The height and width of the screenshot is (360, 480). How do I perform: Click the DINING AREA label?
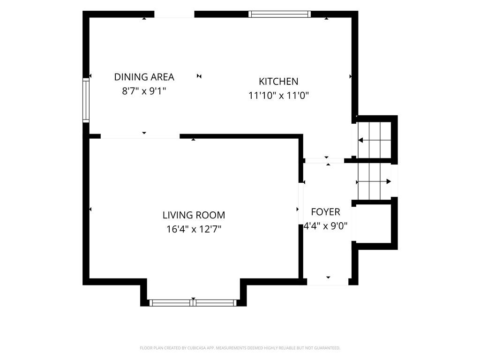pyautogui.click(x=144, y=77)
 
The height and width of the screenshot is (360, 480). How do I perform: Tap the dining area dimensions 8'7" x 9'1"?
pyautogui.click(x=144, y=91)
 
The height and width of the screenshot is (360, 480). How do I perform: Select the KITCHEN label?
pyautogui.click(x=278, y=82)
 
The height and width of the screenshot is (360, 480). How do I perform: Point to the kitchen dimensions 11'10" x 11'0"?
pyautogui.click(x=278, y=96)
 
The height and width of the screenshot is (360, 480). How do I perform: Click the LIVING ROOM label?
pyautogui.click(x=194, y=215)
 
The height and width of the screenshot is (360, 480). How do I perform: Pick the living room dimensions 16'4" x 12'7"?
pyautogui.click(x=194, y=229)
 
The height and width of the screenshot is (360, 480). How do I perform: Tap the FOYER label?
pyautogui.click(x=325, y=212)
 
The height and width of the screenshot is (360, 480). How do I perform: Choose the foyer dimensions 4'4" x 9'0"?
pyautogui.click(x=325, y=226)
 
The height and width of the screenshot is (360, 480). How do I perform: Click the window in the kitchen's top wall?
pyautogui.click(x=279, y=14)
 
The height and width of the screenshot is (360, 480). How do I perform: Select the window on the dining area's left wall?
pyautogui.click(x=86, y=100)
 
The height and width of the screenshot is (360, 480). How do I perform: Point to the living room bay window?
pyautogui.click(x=193, y=303)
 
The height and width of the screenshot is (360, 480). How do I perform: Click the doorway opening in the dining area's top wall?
pyautogui.click(x=174, y=15)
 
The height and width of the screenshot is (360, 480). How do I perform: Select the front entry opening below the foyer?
pyautogui.click(x=328, y=282)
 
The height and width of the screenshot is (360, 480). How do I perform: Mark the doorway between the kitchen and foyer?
pyautogui.click(x=325, y=160)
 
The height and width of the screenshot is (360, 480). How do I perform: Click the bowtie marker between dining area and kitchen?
pyautogui.click(x=199, y=76)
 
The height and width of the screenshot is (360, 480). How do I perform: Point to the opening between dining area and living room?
pyautogui.click(x=140, y=136)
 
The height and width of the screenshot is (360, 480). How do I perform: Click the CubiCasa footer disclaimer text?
pyautogui.click(x=240, y=348)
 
